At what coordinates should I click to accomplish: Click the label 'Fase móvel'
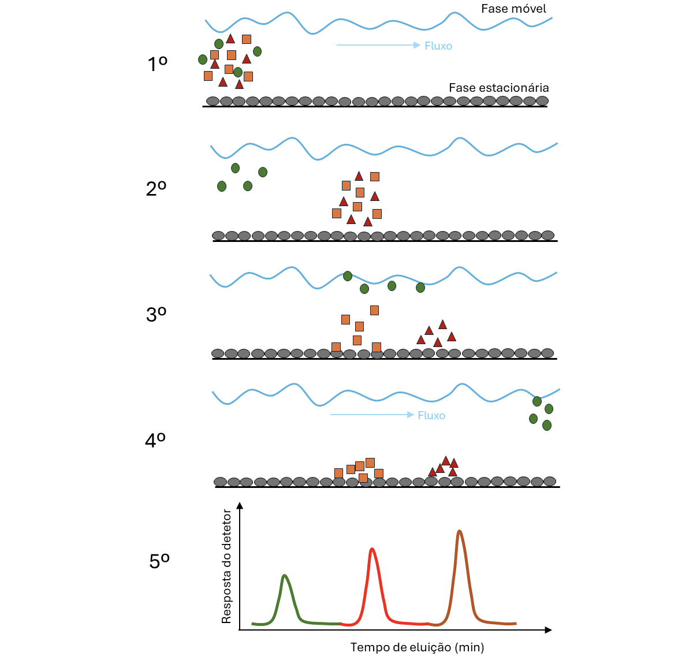click(513, 9)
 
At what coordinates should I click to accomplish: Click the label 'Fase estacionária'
click(498, 88)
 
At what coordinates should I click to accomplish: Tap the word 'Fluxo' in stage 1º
click(438, 46)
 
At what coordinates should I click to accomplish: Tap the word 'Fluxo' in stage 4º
click(431, 416)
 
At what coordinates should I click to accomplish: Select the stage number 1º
click(157, 65)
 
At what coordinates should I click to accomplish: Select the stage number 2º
click(156, 189)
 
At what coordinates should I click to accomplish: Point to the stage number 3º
click(156, 315)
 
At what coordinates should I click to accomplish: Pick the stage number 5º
click(159, 561)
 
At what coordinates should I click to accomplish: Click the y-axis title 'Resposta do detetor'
click(226, 566)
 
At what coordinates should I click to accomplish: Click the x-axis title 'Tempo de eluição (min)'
click(417, 647)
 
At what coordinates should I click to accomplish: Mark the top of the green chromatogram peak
click(284, 576)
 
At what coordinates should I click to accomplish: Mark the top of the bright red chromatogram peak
click(372, 549)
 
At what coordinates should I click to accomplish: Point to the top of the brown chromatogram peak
click(459, 531)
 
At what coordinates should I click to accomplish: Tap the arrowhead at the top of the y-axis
click(240, 506)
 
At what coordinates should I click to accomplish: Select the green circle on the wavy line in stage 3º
click(348, 276)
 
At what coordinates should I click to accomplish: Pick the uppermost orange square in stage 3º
click(374, 311)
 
